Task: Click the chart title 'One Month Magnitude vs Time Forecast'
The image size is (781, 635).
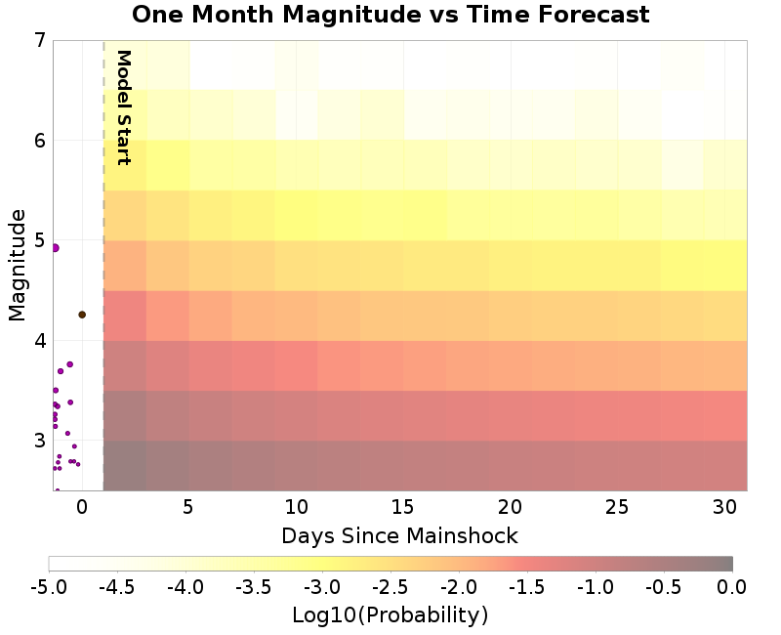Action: (x=390, y=15)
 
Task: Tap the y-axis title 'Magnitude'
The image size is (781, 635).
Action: (x=17, y=266)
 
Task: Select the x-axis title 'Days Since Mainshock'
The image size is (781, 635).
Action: (x=399, y=535)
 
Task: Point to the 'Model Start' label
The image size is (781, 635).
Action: (x=123, y=106)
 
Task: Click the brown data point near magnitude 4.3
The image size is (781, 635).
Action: (x=82, y=315)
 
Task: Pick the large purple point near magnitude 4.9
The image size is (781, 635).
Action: (x=55, y=248)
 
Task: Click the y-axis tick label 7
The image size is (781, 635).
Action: (x=39, y=41)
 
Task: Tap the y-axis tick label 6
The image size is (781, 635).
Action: (x=39, y=141)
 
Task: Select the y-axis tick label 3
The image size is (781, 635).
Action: (x=39, y=441)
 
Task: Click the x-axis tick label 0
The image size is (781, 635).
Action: (x=82, y=507)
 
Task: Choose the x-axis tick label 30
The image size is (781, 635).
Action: (x=723, y=507)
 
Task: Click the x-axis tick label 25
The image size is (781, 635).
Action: (x=617, y=507)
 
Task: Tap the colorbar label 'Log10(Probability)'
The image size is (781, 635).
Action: (x=390, y=615)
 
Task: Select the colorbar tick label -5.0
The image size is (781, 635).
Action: (x=49, y=586)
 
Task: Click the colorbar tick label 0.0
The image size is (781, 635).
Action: (x=732, y=586)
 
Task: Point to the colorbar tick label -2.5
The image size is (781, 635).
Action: (x=390, y=586)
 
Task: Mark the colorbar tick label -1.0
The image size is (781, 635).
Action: (x=596, y=586)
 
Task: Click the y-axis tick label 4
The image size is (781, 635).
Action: (x=39, y=341)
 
